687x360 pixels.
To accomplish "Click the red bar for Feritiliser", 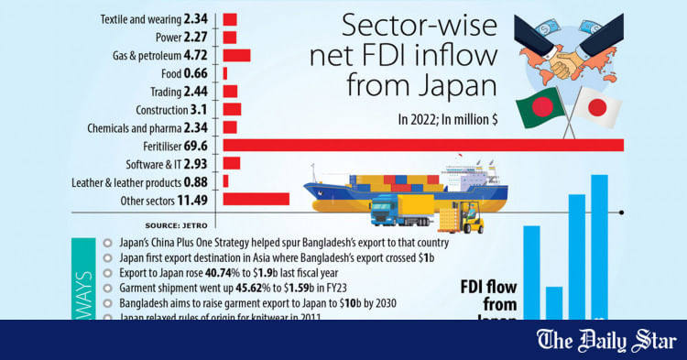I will (422, 145).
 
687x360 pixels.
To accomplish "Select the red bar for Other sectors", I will (256, 199).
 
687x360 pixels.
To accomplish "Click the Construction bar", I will (232, 109).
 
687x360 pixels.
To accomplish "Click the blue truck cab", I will (384, 212).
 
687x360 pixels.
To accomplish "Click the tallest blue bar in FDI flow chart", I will (600, 247).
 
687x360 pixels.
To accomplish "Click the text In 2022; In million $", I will (449, 119).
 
